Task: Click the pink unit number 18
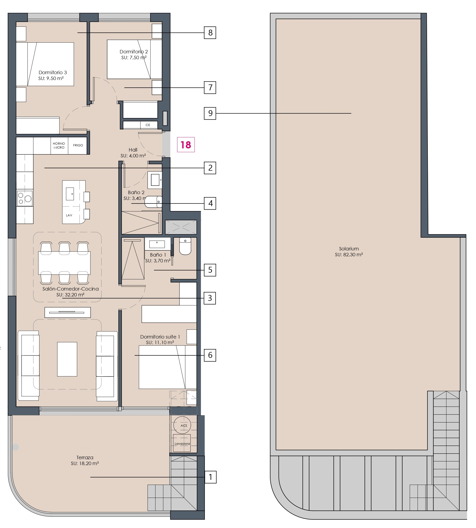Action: pyautogui.click(x=186, y=145)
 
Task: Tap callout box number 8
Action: pyautogui.click(x=210, y=33)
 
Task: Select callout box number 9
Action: pyautogui.click(x=210, y=113)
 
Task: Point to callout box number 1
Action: pyautogui.click(x=210, y=477)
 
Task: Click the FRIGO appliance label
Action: pyautogui.click(x=78, y=145)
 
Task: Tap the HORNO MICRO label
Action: pyautogui.click(x=59, y=145)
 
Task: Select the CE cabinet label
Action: pyautogui.click(x=148, y=125)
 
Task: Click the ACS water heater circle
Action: pyautogui.click(x=182, y=425)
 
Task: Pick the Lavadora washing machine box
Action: pyautogui.click(x=182, y=443)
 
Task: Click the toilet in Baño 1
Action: pyautogui.click(x=185, y=246)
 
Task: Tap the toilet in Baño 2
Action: pyautogui.click(x=153, y=202)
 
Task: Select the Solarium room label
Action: pyautogui.click(x=349, y=251)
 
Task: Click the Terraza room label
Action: pyautogui.click(x=85, y=460)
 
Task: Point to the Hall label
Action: pyautogui.click(x=133, y=150)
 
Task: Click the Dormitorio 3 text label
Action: pyautogui.click(x=53, y=72)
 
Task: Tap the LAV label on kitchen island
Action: pyautogui.click(x=69, y=215)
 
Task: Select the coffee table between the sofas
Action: pyautogui.click(x=67, y=359)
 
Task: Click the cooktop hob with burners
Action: pyautogui.click(x=24, y=198)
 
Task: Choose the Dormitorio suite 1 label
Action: pyautogui.click(x=160, y=337)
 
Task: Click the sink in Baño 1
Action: pyautogui.click(x=157, y=244)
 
